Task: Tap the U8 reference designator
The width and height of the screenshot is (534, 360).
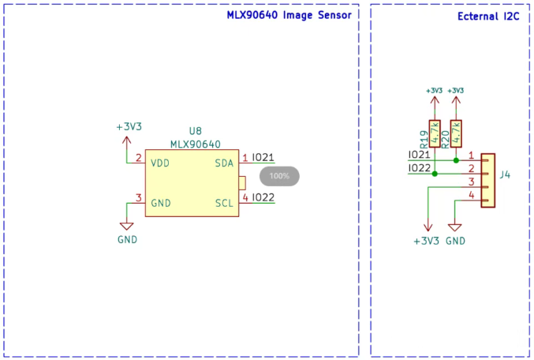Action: tap(196, 131)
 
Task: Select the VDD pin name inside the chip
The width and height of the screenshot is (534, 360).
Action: tap(160, 163)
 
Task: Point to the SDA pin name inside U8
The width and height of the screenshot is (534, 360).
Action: tap(224, 163)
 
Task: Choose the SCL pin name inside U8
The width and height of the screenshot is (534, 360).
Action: tap(224, 203)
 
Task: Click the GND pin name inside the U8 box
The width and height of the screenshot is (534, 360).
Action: tap(161, 203)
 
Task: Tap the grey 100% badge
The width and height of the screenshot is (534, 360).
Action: tap(279, 175)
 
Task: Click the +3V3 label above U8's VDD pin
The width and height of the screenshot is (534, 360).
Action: tap(129, 126)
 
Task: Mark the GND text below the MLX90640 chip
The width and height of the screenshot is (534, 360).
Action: tap(127, 239)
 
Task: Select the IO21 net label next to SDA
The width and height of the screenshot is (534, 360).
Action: tap(263, 157)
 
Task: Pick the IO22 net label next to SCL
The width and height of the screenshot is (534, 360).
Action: tap(263, 197)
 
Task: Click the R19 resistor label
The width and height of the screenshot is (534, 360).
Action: tap(424, 140)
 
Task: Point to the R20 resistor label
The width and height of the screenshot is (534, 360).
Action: tap(446, 140)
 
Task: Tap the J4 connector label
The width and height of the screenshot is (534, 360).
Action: tap(505, 174)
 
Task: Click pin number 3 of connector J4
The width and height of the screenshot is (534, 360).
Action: tap(471, 182)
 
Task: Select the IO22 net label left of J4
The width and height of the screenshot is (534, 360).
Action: tap(419, 168)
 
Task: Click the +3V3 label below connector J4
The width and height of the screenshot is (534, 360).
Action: tap(426, 240)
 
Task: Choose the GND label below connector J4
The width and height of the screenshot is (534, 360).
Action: tap(455, 240)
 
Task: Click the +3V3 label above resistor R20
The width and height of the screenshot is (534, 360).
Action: tap(456, 90)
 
